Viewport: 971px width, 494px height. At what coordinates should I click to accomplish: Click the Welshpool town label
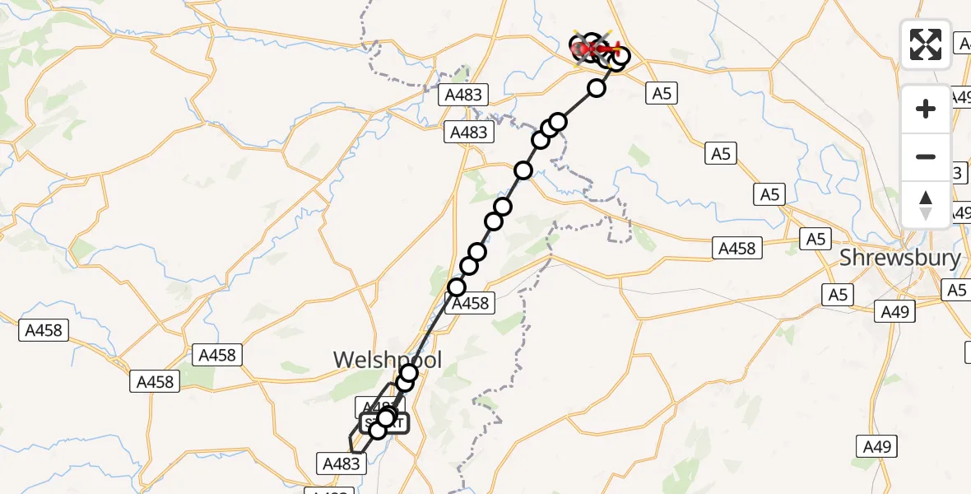[387, 360]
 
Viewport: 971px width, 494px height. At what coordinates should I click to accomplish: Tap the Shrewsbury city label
[899, 258]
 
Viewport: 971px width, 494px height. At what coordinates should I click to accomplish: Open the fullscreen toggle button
[926, 44]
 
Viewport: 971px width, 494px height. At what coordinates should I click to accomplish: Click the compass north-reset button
[926, 205]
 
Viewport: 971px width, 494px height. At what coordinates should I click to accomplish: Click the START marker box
[384, 423]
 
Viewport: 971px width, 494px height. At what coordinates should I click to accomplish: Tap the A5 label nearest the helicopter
[662, 93]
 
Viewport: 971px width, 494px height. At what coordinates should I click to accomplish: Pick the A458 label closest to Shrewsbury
[736, 248]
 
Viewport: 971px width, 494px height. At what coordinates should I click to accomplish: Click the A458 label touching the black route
[470, 303]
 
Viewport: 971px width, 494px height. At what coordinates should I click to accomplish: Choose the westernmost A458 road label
[44, 330]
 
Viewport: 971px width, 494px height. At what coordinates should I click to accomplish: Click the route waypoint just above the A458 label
[457, 287]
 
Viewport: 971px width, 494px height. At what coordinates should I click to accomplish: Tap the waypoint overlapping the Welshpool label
[409, 373]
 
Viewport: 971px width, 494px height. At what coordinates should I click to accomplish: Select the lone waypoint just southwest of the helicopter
[596, 87]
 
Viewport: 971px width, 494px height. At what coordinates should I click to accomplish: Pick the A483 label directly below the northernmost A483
[468, 132]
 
